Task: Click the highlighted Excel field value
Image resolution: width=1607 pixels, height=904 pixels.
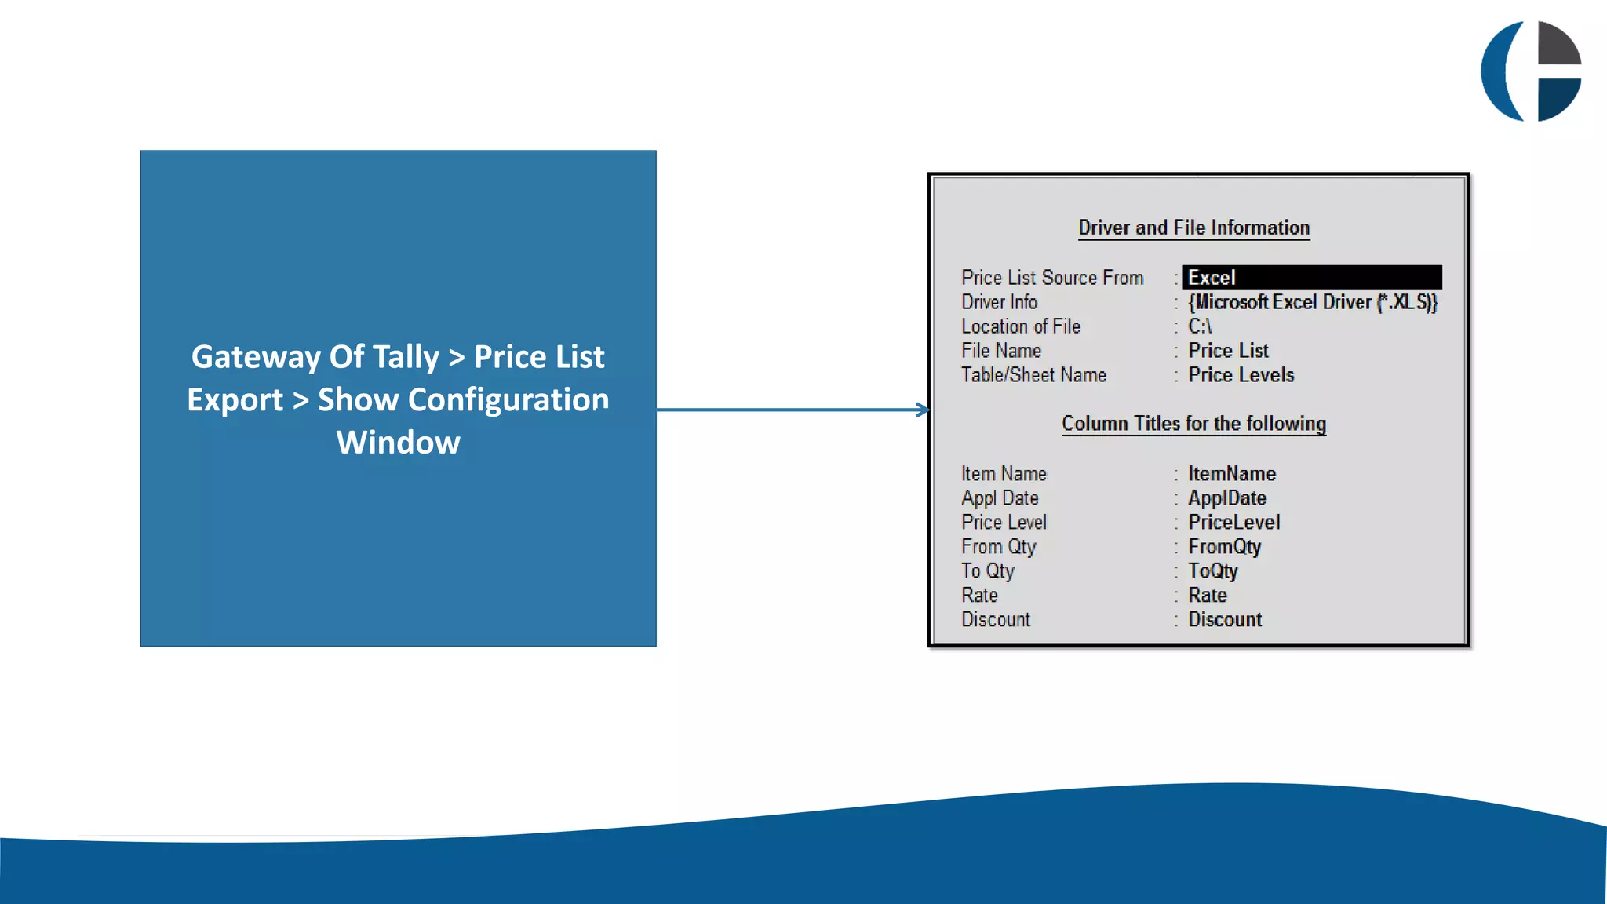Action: (1311, 278)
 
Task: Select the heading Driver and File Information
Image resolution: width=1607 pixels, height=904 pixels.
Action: (1193, 228)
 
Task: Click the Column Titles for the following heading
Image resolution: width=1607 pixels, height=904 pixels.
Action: (1193, 424)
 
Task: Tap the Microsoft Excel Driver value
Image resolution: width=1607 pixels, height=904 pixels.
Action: (1312, 302)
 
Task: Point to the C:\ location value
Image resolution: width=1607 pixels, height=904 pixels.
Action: (1199, 326)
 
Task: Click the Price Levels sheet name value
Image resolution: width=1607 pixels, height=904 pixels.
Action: (1241, 375)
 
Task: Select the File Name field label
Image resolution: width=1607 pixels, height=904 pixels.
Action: (1001, 351)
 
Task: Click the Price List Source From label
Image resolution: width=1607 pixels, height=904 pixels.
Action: (1052, 278)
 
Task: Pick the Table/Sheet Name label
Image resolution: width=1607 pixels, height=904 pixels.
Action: (1033, 375)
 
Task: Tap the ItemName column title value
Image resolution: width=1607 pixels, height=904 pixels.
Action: (1231, 474)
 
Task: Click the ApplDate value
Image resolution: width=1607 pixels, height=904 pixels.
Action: (1226, 498)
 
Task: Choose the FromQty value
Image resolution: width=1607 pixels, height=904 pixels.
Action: (1224, 547)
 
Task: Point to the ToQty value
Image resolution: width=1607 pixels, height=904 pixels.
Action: (1212, 571)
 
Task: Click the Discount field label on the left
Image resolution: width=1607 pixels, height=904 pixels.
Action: (996, 620)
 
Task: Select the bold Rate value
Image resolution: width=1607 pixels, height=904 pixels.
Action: (1207, 596)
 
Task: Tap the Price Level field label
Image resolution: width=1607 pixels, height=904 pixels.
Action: (1004, 523)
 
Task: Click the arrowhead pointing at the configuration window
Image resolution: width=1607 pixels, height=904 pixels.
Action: (923, 410)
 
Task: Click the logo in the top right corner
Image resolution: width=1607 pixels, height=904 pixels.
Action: (1531, 71)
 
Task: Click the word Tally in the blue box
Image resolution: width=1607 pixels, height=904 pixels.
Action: (405, 357)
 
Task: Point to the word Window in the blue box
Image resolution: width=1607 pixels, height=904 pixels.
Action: (398, 443)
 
